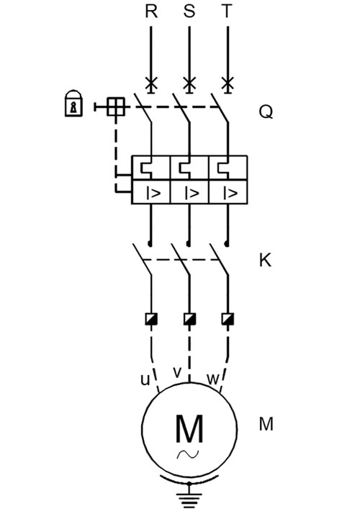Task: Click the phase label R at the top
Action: (x=151, y=11)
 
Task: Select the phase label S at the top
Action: (x=189, y=11)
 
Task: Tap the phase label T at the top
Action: (x=227, y=11)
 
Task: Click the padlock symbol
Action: (x=73, y=103)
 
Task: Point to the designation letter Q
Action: (x=266, y=112)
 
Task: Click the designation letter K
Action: (x=265, y=261)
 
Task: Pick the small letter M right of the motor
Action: (x=266, y=424)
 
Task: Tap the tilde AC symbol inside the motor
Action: (x=188, y=454)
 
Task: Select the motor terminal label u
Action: (x=145, y=380)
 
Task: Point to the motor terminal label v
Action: (x=177, y=372)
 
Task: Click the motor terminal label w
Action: (x=213, y=379)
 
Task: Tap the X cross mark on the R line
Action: (x=151, y=84)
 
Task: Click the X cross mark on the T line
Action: (x=228, y=84)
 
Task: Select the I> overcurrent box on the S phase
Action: (x=189, y=192)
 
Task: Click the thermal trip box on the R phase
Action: (x=150, y=168)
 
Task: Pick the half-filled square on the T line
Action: (x=228, y=319)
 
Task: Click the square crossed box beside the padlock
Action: (x=116, y=107)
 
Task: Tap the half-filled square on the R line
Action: (x=151, y=319)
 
